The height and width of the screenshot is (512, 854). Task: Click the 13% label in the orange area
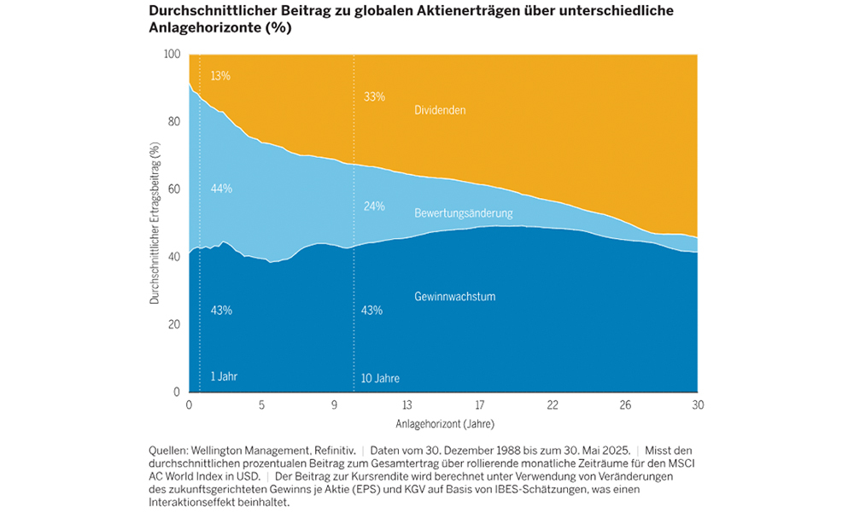click(x=220, y=76)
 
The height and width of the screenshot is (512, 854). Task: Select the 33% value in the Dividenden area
click(x=373, y=96)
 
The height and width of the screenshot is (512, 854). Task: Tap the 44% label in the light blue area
click(x=220, y=188)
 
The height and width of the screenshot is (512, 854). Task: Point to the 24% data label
click(x=373, y=207)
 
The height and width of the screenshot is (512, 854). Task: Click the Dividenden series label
click(x=440, y=110)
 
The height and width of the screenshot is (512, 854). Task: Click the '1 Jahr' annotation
click(x=224, y=376)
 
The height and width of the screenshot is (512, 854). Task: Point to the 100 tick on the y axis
click(x=172, y=55)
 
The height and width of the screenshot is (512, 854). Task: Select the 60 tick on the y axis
click(x=174, y=189)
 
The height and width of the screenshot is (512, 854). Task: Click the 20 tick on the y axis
click(x=174, y=324)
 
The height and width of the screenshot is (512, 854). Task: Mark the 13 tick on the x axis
click(x=407, y=404)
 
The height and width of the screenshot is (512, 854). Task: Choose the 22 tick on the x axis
click(x=553, y=404)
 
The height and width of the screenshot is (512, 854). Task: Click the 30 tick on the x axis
click(x=698, y=404)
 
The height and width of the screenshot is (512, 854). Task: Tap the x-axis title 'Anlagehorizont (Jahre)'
click(x=444, y=423)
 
